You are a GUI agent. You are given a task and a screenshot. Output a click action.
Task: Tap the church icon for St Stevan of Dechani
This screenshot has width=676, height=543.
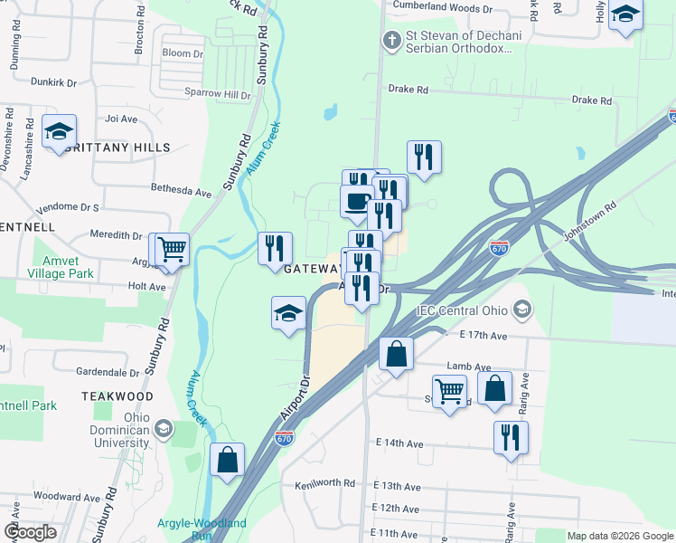tap(390, 40)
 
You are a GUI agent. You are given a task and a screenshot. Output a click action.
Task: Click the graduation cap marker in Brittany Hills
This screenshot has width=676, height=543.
tap(59, 132)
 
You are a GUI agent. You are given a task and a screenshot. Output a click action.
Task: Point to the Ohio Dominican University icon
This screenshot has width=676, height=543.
tap(164, 427)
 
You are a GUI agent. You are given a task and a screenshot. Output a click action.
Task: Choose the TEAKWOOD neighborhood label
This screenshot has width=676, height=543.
tap(117, 396)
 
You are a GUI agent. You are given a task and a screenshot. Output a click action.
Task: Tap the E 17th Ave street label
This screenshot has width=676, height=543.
tap(483, 335)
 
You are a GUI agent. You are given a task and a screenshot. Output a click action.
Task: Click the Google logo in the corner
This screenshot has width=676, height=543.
tap(30, 531)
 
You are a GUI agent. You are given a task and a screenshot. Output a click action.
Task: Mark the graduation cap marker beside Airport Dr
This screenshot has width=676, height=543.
tap(288, 313)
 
